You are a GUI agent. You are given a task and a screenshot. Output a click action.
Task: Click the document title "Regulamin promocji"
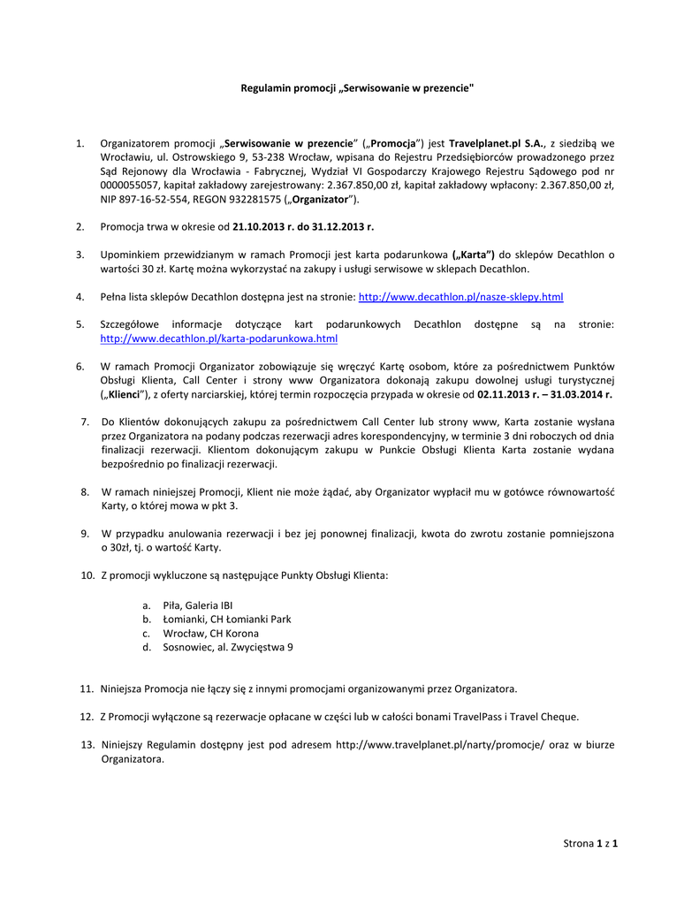[358, 88]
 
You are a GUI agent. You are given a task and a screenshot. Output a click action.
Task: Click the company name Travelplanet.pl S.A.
[496, 143]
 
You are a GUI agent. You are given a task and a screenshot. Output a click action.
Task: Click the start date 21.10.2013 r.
[262, 226]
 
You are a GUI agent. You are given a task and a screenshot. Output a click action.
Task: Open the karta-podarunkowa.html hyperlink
[219, 338]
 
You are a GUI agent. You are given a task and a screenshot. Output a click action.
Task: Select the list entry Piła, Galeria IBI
[198, 605]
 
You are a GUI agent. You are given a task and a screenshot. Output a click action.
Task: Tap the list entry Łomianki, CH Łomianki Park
[227, 620]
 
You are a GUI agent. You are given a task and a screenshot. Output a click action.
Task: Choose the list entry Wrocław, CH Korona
[211, 634]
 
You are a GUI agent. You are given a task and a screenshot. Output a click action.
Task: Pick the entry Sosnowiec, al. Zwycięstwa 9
[228, 648]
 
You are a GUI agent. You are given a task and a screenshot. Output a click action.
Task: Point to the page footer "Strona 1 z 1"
[590, 844]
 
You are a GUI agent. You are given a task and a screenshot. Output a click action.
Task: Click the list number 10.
[87, 576]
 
